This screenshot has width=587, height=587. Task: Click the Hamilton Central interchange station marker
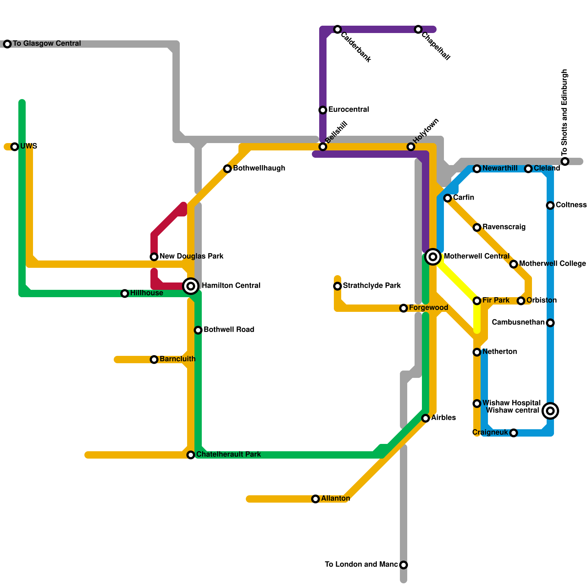(191, 286)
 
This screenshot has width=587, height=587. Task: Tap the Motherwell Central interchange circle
(433, 257)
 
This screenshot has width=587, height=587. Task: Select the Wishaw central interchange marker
(550, 411)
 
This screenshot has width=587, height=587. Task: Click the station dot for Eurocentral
(323, 110)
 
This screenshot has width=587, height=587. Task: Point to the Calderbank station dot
(338, 29)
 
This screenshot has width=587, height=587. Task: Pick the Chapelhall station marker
(418, 29)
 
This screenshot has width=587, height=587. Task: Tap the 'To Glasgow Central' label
(47, 44)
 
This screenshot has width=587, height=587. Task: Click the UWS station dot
(15, 147)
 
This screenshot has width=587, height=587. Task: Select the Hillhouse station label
(147, 293)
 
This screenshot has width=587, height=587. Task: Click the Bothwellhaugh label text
(259, 168)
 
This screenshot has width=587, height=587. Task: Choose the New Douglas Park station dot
(154, 257)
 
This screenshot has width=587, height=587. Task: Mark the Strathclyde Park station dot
(338, 286)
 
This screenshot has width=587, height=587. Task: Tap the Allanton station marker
(316, 499)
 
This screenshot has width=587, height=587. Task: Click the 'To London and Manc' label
(361, 565)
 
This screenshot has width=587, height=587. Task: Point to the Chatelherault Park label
(229, 455)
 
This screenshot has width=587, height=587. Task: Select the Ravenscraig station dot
(477, 227)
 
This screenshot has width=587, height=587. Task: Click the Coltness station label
(571, 205)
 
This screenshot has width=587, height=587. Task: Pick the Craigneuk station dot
(514, 433)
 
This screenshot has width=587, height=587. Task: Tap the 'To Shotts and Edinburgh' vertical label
(565, 112)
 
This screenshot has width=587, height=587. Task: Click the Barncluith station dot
(154, 360)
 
